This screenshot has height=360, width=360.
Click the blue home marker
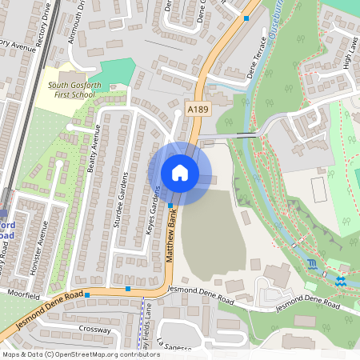(x=180, y=173)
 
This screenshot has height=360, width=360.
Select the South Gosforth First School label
(x=71, y=89)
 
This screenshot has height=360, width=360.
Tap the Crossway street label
(x=94, y=328)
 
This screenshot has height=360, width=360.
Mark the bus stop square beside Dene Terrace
(x=246, y=18)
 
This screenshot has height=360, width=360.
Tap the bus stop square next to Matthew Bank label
(x=170, y=206)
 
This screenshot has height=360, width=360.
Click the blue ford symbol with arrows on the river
(x=341, y=280)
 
